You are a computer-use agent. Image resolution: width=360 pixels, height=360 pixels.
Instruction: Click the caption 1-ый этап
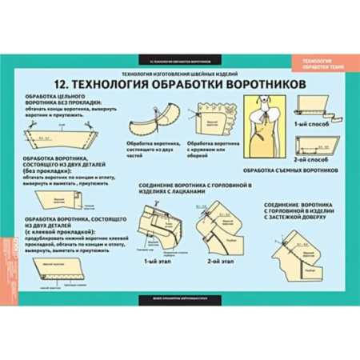154,261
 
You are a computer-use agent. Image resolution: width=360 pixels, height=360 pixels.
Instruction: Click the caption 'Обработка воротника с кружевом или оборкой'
210,149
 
